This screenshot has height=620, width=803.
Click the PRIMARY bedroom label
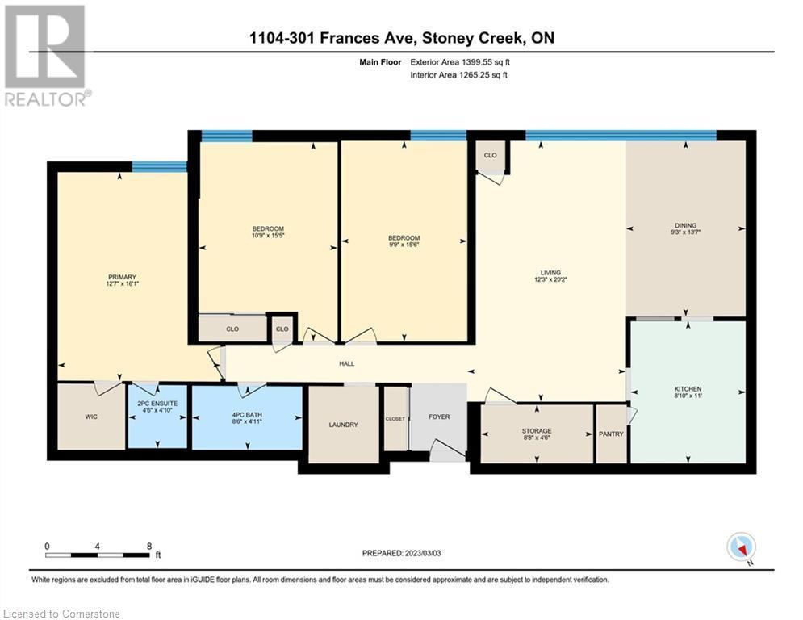coord(121,277)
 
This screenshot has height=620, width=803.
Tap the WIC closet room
coord(90,417)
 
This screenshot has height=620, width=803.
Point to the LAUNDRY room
coord(344,425)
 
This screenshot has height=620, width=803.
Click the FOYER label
coord(439,417)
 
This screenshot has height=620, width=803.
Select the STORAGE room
coord(536,431)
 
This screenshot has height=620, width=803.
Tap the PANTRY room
coord(611,434)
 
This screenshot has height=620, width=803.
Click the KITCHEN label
coord(688,389)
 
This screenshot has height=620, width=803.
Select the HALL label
coord(346,364)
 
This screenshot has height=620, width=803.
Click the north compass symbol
coord(740,547)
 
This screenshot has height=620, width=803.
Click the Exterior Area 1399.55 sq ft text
coord(461,61)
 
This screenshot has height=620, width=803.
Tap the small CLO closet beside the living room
coord(490,155)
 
